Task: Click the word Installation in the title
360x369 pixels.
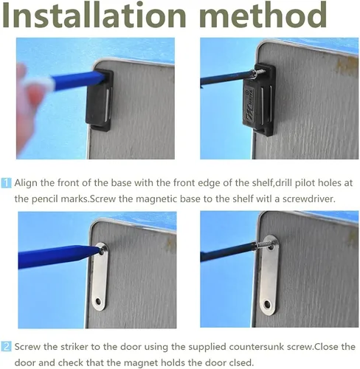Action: tap(94, 15)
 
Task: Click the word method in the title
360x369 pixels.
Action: tap(263, 15)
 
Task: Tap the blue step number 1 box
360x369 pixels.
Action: tap(6, 183)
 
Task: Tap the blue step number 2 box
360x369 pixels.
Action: tap(6, 347)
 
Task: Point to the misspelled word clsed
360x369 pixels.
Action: tap(241, 362)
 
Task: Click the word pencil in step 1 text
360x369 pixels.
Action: tap(45, 199)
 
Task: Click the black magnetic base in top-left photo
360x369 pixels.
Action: tap(100, 100)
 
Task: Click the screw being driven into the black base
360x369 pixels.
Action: tap(258, 73)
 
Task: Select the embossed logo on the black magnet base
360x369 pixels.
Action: tap(251, 103)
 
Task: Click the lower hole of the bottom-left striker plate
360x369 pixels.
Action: tap(99, 301)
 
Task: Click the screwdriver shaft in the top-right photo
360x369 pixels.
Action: tap(226, 79)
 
